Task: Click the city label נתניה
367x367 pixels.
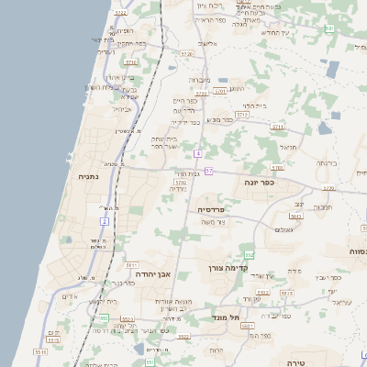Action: pyautogui.click(x=87, y=176)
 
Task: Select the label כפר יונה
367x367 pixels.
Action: pyautogui.click(x=287, y=183)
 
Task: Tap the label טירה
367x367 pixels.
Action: pyautogui.click(x=295, y=361)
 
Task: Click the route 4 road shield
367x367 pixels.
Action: pyautogui.click(x=198, y=153)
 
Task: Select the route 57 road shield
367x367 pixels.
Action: pyautogui.click(x=208, y=171)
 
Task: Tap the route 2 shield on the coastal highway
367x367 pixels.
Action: pyautogui.click(x=105, y=222)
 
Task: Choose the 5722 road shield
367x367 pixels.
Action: pyautogui.click(x=120, y=14)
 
